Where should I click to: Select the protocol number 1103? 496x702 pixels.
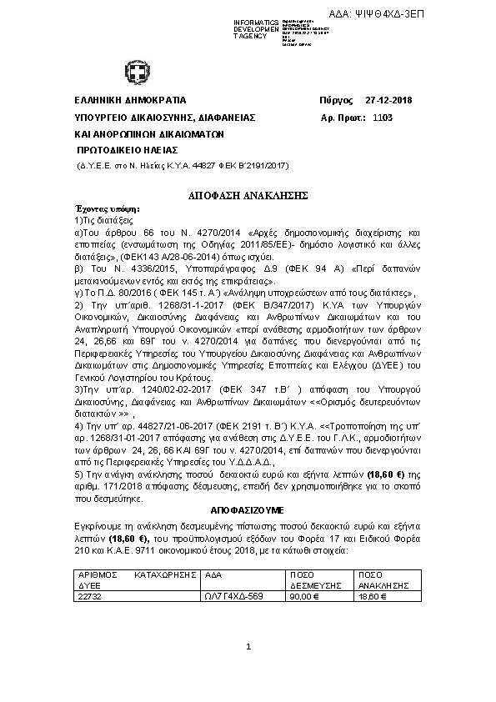tap(383, 118)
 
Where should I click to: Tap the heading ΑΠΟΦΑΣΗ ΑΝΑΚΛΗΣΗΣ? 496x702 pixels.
tap(248, 193)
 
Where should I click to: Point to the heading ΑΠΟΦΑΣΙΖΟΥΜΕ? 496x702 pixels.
tap(248, 509)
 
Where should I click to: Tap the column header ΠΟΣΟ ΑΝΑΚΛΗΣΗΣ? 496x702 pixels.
tap(383, 580)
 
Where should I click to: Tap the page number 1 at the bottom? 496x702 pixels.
tap(248, 647)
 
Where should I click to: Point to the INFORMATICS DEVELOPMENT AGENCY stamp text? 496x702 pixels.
tap(256, 28)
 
